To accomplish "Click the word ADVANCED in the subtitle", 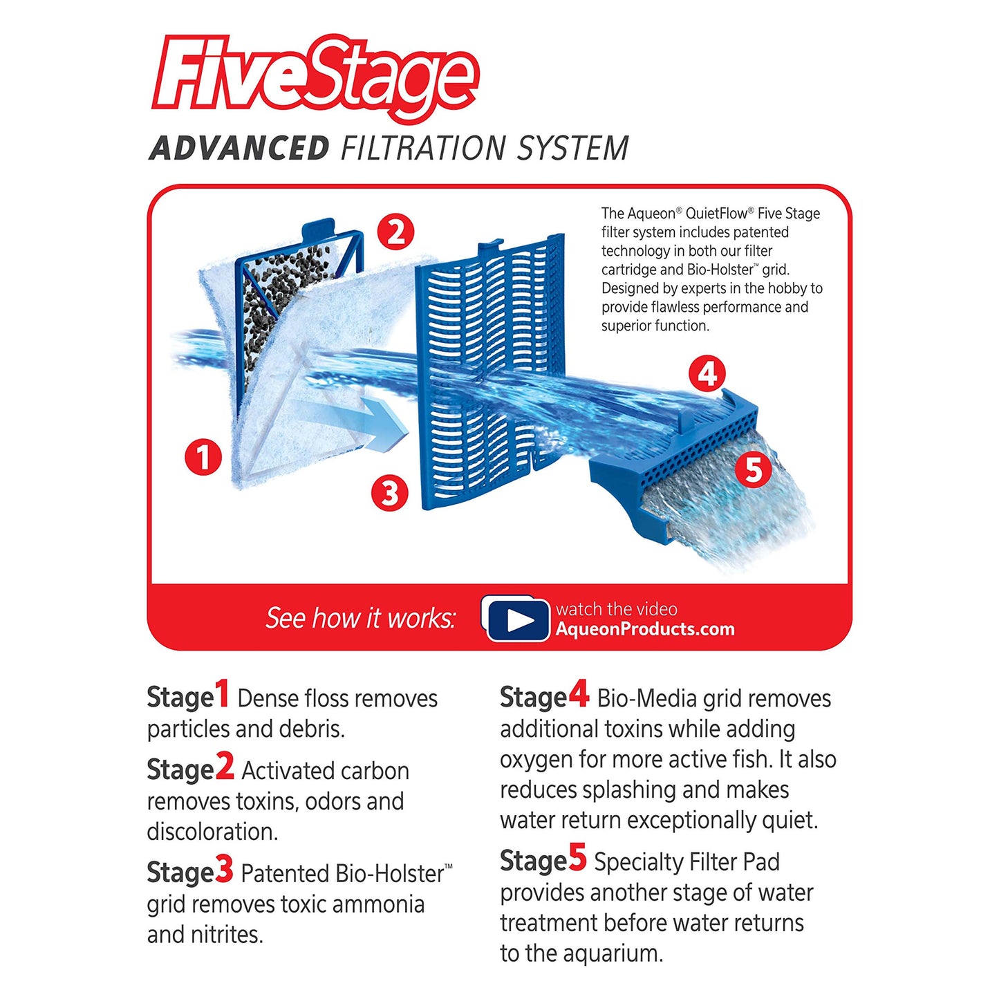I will point(239,149).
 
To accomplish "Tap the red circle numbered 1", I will point(203,457).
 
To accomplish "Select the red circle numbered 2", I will point(395,232).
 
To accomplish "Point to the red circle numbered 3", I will point(390,493).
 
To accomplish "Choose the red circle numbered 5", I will point(753,470).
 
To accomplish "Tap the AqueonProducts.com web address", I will point(645,629).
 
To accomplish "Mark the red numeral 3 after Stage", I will point(224,870).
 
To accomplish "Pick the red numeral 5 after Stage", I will point(578,858).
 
